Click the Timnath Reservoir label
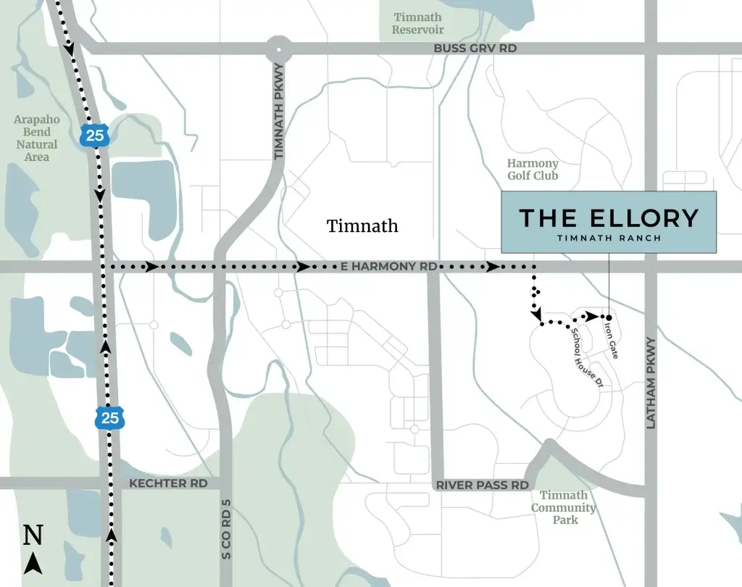pos(418,23)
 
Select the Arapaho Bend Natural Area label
pos(36,138)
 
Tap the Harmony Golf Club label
pos(533,170)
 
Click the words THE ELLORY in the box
pos(609,217)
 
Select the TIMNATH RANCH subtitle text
pos(609,238)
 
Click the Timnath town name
pos(362,225)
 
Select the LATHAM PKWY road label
pos(651,383)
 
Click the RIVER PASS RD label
pos(483,485)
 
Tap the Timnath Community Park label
pos(564,507)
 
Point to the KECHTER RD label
pos(168,483)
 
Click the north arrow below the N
pos(33,563)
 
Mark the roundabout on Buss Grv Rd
pos(279,50)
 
